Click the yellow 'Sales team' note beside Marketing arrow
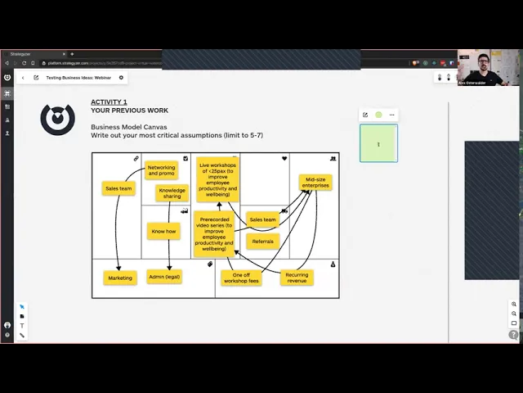tap(118, 188)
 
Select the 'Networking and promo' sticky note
tap(162, 170)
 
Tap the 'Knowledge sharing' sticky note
tap(172, 193)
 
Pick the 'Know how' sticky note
tap(163, 231)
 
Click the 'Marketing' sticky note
tap(120, 278)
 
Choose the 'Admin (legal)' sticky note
tap(163, 277)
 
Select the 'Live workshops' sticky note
tap(217, 178)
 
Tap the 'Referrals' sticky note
tap(263, 242)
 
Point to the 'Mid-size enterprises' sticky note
tap(315, 183)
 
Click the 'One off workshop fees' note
tap(241, 278)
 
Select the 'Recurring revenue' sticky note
tap(297, 278)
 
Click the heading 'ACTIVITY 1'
tap(109, 102)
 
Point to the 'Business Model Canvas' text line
tap(128, 127)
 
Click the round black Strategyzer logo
tap(57, 120)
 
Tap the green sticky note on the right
tap(378, 143)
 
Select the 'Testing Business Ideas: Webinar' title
tap(78, 78)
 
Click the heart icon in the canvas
tap(284, 158)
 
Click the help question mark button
tap(513, 334)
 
